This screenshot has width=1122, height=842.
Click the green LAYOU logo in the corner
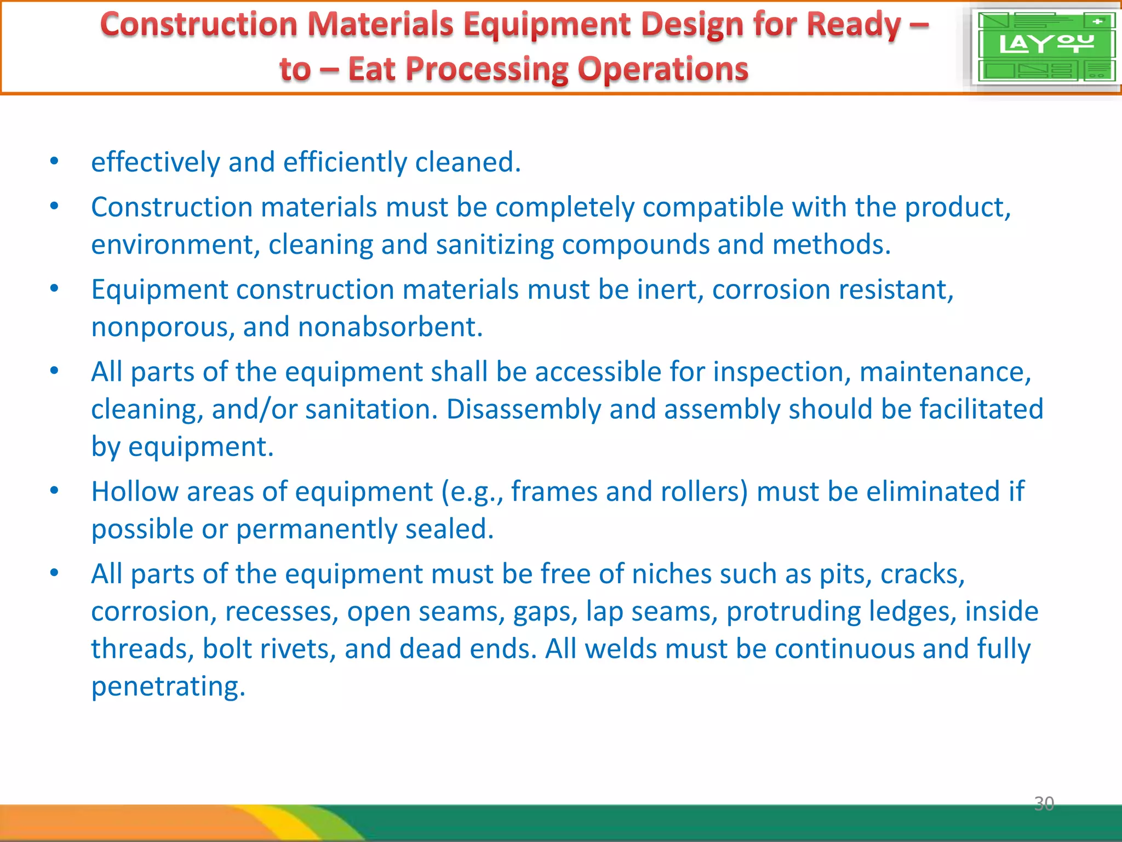(x=1045, y=47)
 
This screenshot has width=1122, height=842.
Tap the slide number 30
(x=1044, y=804)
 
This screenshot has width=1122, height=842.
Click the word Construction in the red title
(x=199, y=25)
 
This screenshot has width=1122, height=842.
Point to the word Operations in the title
(x=663, y=70)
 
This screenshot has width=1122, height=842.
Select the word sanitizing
(x=495, y=245)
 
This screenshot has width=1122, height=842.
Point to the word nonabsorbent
(x=390, y=327)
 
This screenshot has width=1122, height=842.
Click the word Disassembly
(x=524, y=409)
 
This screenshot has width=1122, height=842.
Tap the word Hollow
(x=135, y=492)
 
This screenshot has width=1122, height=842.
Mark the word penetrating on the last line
(x=168, y=687)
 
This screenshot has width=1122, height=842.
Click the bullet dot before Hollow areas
(x=54, y=491)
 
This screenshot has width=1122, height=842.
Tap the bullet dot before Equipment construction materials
(x=54, y=288)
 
